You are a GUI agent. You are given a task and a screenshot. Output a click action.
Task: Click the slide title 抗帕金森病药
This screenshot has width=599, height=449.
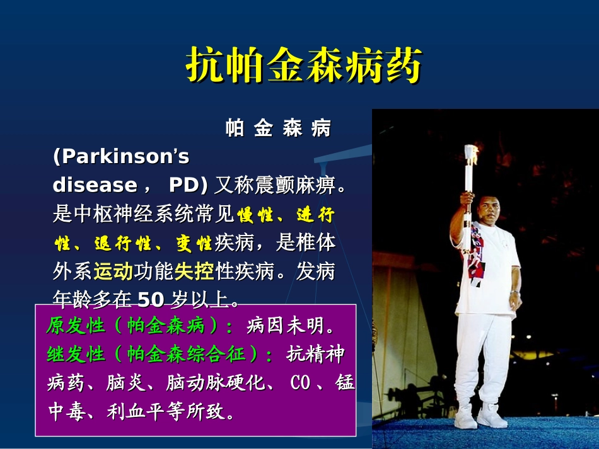pos(303,65)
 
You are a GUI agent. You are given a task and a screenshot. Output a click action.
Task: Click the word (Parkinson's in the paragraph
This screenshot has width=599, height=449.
pos(121,156)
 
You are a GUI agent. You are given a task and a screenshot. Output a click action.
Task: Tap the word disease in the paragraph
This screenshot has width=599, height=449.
pos(95,185)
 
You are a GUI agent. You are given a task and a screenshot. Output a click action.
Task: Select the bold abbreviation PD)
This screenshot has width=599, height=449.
pos(189,185)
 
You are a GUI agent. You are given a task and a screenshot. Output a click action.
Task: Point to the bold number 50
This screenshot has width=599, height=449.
pos(151,298)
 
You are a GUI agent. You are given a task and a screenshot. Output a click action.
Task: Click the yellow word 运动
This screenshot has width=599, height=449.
pos(113,271)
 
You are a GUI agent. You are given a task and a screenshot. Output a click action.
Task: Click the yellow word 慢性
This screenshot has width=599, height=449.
pos(255,215)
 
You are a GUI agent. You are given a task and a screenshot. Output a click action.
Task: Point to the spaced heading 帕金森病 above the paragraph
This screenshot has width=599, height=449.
pos(278,128)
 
